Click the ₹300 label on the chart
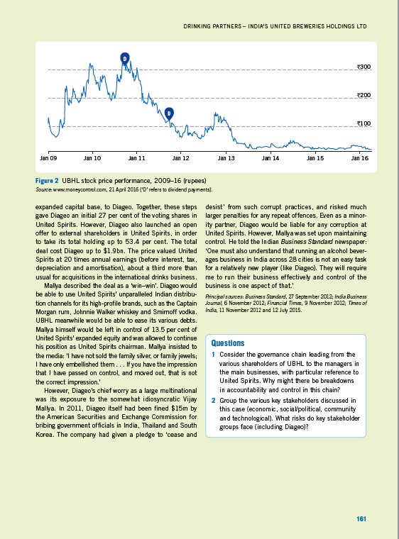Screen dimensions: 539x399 coord(364,67)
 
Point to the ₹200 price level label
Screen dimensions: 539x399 coord(364,95)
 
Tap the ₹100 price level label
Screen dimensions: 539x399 coord(364,123)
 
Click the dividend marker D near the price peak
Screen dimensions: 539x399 coord(124,57)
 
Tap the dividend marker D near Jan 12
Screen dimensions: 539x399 coord(169,113)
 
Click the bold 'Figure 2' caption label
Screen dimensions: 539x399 coord(46,182)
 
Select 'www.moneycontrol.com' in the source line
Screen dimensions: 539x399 coord(73,190)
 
